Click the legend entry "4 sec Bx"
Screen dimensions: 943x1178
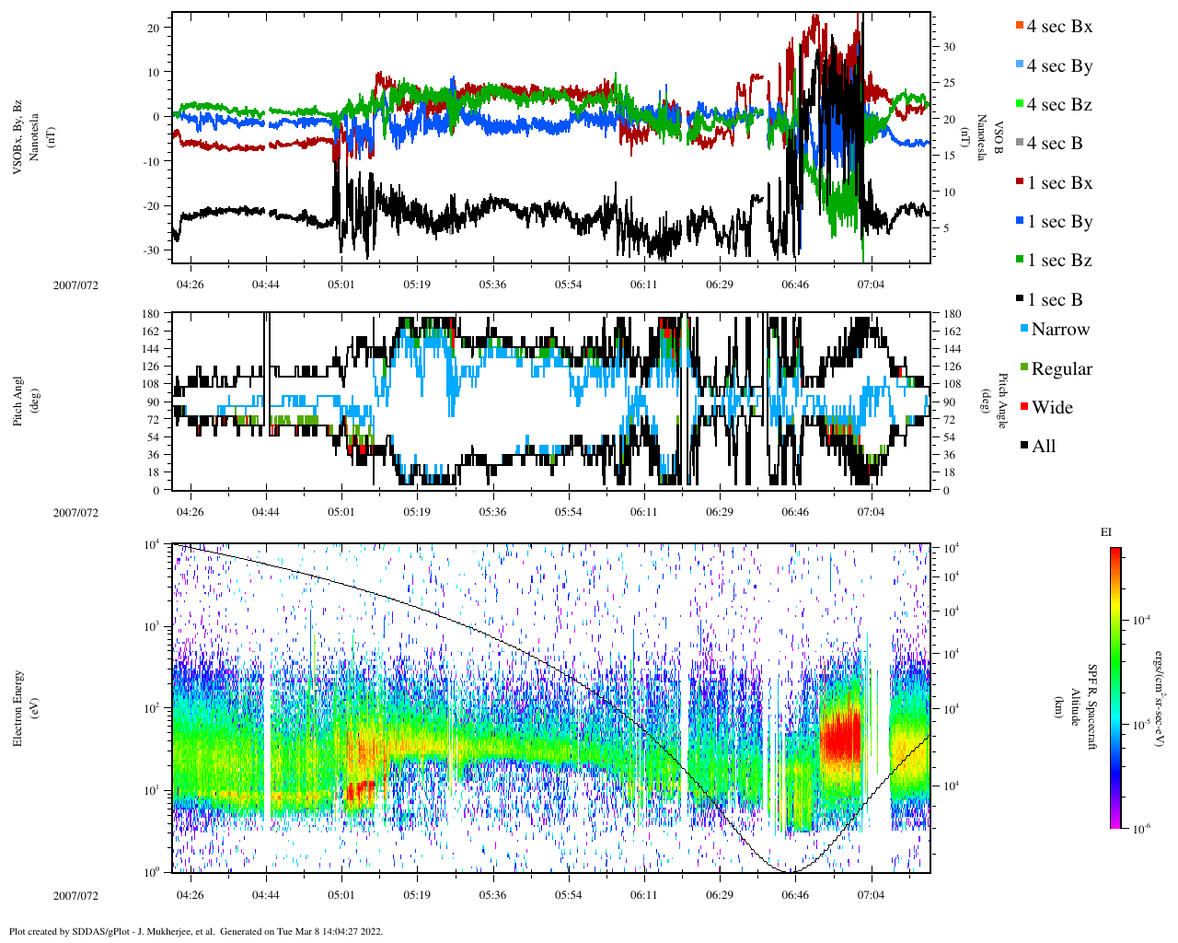[x=1059, y=27]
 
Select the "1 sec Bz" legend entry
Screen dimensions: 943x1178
[x=1059, y=261]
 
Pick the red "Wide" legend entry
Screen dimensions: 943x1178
[x=1052, y=408]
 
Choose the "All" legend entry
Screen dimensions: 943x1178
[x=1044, y=447]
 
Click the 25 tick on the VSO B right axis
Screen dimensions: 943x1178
[x=949, y=83]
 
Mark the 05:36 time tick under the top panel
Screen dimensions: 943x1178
[x=492, y=285]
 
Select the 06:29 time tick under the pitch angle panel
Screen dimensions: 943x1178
[x=720, y=512]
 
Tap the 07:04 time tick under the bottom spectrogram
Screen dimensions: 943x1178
[x=871, y=894]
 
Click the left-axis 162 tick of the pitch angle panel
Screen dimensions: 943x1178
[x=151, y=332]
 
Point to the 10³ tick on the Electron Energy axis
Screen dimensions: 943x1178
[x=152, y=626]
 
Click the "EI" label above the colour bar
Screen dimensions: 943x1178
[x=1106, y=532]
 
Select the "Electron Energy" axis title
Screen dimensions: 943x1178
[x=17, y=708]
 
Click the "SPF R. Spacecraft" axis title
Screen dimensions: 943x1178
[x=1093, y=707]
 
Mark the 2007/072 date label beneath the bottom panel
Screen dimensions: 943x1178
[x=75, y=895]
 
